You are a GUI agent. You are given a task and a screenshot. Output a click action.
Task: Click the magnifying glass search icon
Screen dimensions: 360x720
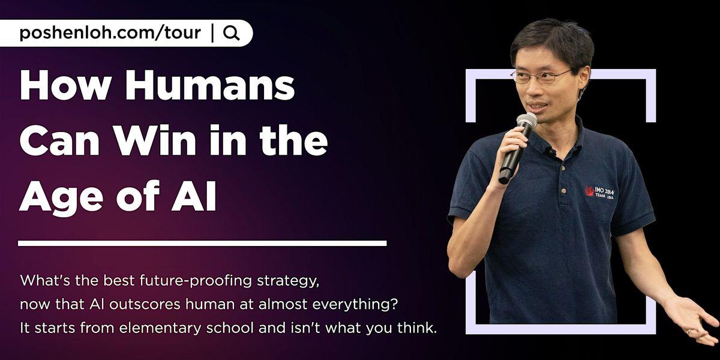click(231, 34)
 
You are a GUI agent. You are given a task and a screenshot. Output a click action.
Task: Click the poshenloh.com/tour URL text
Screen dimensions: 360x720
click(110, 33)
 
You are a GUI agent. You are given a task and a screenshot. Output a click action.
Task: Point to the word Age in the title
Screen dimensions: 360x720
click(59, 198)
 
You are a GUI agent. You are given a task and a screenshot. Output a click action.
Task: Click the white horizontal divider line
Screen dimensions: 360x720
click(202, 243)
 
